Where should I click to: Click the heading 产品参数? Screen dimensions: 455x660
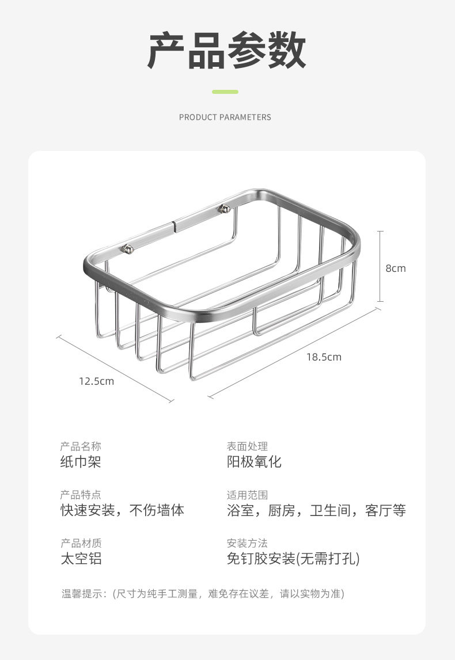point(226,51)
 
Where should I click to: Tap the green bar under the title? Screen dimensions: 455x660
point(225,92)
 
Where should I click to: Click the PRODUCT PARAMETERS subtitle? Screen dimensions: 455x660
point(225,117)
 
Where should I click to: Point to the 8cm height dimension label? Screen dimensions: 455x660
point(396,268)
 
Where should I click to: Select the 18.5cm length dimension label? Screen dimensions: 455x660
point(324,357)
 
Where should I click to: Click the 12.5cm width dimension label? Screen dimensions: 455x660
point(97,381)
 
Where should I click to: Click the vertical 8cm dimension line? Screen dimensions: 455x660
point(380,266)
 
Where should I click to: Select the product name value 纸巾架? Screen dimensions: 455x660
point(81,461)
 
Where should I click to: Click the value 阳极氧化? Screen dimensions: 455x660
point(254,461)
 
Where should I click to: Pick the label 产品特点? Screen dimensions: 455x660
point(81,495)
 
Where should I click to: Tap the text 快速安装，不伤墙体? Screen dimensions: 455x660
point(123,510)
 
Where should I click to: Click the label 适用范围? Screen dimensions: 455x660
point(247,495)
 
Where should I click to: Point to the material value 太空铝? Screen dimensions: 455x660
point(81,558)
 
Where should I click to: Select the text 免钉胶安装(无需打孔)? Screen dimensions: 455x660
point(293,558)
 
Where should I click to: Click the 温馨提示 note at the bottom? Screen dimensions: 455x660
point(203,594)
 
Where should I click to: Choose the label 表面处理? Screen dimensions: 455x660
point(247,446)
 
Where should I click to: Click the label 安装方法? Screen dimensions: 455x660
point(247,543)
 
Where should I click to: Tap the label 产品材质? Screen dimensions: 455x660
point(81,543)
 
